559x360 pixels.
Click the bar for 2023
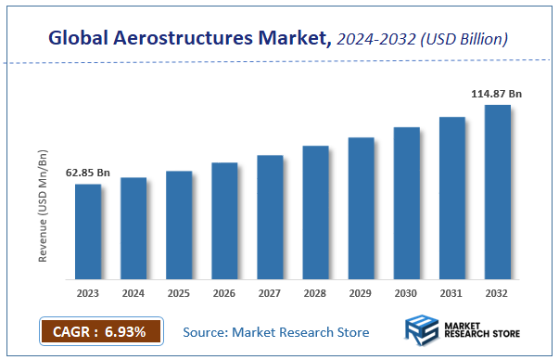tap(88, 232)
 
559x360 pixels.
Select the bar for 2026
tap(224, 221)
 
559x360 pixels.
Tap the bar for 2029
tap(361, 209)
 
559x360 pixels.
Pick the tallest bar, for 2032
tap(497, 192)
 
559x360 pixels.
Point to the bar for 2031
tap(451, 199)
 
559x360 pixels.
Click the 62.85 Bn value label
tap(88, 173)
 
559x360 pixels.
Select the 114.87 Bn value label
tap(498, 94)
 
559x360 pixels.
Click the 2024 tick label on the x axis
tap(133, 293)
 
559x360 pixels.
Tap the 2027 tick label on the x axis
tap(270, 293)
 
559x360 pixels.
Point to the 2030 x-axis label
tap(406, 293)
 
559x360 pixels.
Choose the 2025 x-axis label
tap(179, 293)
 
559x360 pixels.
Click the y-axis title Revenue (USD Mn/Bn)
tap(44, 203)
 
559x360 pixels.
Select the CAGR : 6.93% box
tap(101, 331)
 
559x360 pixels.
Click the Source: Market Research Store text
tap(276, 332)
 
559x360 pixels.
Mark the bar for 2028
tap(315, 212)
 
